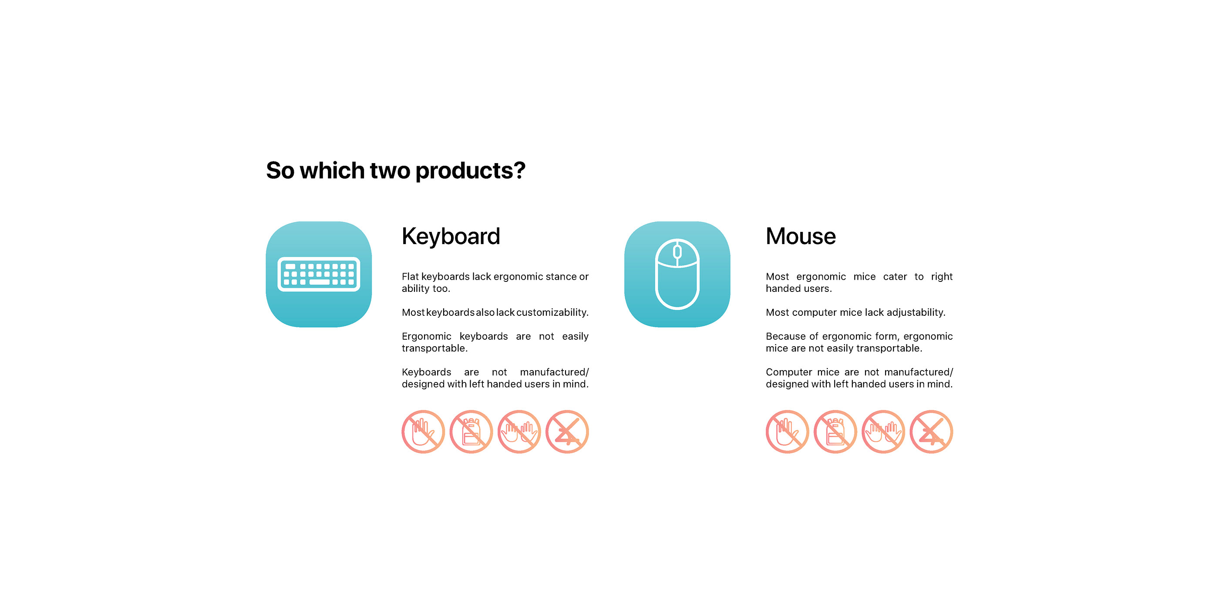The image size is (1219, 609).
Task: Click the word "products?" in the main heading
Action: [x=470, y=171]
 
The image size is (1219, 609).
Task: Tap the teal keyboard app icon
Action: [x=319, y=274]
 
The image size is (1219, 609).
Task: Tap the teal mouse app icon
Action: [x=677, y=274]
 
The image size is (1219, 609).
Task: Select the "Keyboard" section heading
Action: [x=451, y=236]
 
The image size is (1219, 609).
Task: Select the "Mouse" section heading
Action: [x=801, y=236]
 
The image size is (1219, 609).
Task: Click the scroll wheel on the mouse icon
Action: [x=677, y=251]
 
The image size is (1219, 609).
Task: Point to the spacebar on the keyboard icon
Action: [x=320, y=282]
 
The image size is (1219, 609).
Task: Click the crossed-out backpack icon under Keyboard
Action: [x=471, y=432]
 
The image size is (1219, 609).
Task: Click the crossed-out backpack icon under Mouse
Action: [x=835, y=432]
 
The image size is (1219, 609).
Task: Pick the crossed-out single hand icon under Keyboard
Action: [x=423, y=432]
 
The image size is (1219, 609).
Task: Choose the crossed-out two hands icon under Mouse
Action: [x=883, y=432]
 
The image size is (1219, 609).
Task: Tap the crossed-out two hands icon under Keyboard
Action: [x=519, y=432]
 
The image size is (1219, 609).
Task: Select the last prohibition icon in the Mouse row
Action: [x=931, y=432]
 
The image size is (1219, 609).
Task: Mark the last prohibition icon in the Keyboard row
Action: [x=567, y=432]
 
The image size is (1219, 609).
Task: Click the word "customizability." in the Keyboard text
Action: [x=552, y=312]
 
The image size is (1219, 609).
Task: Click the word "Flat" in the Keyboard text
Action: [x=410, y=277]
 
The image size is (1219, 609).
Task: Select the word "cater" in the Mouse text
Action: [x=895, y=277]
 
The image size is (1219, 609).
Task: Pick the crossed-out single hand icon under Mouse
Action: [x=788, y=432]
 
